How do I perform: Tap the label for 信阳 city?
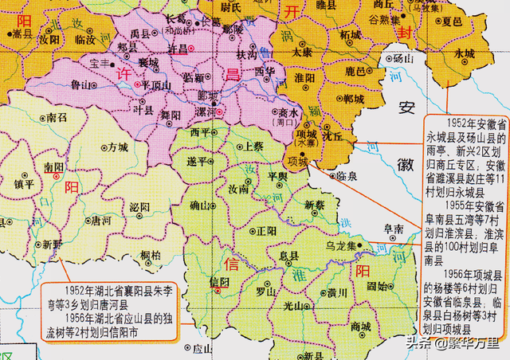tap(218, 282)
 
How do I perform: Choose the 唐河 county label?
tap(101, 219)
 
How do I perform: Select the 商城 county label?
tap(359, 327)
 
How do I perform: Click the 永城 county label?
tap(464, 53)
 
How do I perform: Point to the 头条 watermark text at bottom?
tap(417, 344)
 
